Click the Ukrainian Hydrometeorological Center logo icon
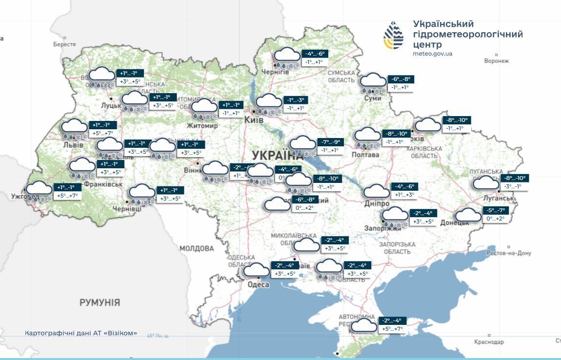tap(393, 36)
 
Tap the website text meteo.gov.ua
tap(432, 54)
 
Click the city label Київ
tap(254, 120)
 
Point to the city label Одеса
tap(258, 285)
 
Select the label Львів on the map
tap(73, 144)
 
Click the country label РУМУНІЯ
tap(100, 302)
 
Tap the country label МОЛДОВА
tap(197, 248)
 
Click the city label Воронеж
tap(496, 61)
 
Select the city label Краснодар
tap(488, 342)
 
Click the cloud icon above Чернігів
tap(287, 56)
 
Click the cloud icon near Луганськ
tap(486, 182)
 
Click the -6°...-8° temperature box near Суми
tap(401, 79)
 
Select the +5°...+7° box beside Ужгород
tap(67, 196)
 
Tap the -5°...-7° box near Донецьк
tap(496, 210)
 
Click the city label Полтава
tap(365, 155)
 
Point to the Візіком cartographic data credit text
tap(81, 334)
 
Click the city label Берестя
tap(64, 44)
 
